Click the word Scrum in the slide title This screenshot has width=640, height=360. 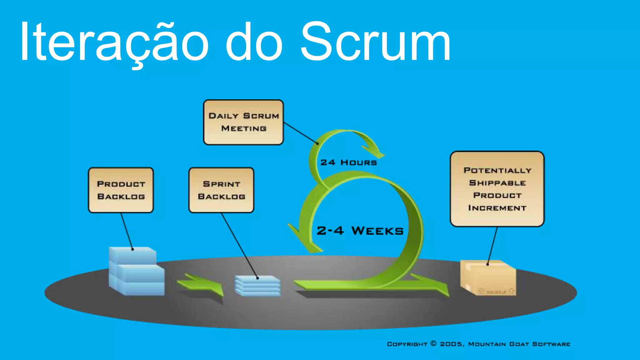pyautogui.click(x=375, y=42)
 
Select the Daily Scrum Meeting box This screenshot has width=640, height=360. pyautogui.click(x=243, y=122)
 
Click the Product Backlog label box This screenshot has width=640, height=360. pyautogui.click(x=121, y=190)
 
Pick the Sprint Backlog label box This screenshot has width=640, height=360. pyautogui.click(x=221, y=190)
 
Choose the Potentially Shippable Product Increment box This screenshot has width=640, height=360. pyautogui.click(x=497, y=189)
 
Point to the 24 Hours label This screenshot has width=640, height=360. pyautogui.click(x=348, y=162)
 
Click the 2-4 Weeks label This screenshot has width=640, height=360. pyautogui.click(x=360, y=231)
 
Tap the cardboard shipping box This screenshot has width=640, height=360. pyautogui.click(x=488, y=278)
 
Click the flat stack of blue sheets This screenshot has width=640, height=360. pyautogui.click(x=257, y=285)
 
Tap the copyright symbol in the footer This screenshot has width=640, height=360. pyautogui.click(x=433, y=343)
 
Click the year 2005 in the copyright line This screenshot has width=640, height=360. pyautogui.click(x=451, y=344)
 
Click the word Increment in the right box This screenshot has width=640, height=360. pyautogui.click(x=497, y=208)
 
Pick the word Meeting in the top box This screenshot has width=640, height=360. pyautogui.click(x=244, y=128)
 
